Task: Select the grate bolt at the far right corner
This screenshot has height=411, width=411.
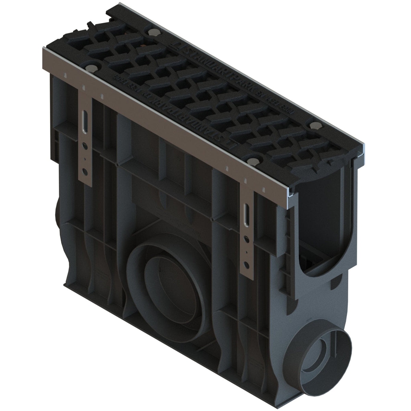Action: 313,125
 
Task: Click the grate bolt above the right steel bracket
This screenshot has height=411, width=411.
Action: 253,161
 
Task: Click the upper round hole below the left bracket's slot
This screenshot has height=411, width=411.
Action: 85,147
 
